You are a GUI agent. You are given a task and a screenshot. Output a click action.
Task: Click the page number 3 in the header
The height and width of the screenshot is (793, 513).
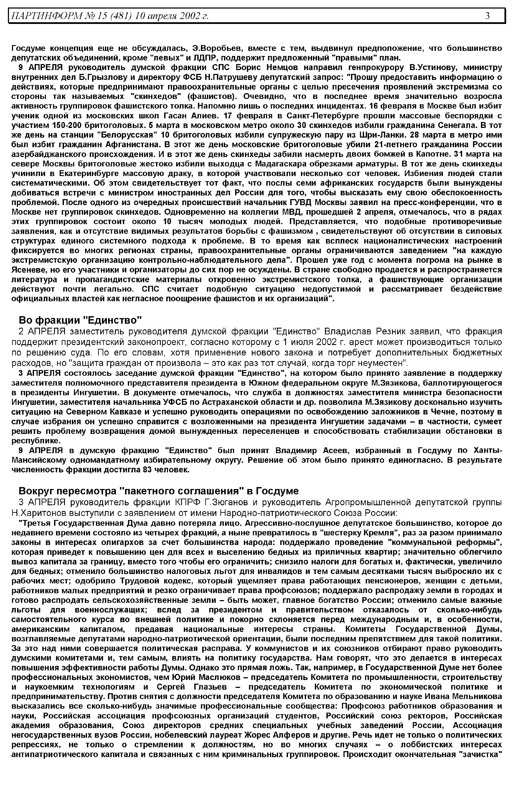pyautogui.click(x=487, y=16)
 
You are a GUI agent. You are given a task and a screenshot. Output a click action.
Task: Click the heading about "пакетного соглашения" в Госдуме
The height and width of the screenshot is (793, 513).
pyautogui.click(x=159, y=491)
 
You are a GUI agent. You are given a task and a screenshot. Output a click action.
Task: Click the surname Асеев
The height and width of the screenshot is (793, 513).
pyautogui.click(x=336, y=450)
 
